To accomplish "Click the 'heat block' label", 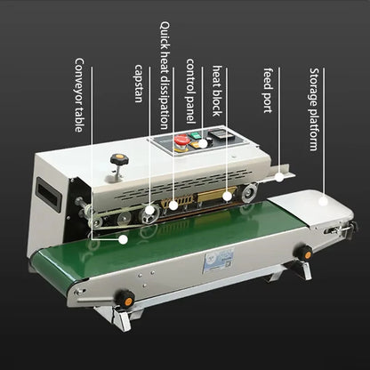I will coord(219,90).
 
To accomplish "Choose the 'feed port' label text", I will coord(268,84).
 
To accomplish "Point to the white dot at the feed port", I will coord(278,179).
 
